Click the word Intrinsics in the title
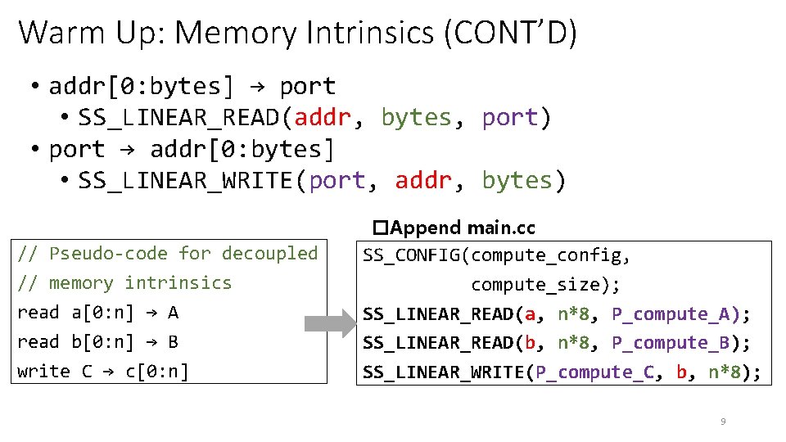(x=377, y=33)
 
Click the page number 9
(x=722, y=422)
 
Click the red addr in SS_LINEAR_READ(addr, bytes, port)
(x=323, y=118)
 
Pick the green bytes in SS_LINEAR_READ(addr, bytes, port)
(x=416, y=118)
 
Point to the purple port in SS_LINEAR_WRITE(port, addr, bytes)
(x=337, y=180)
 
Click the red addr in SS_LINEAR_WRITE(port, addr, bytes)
(x=423, y=180)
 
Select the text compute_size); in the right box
(x=545, y=285)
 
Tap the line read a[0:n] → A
(x=98, y=313)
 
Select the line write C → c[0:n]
(x=103, y=372)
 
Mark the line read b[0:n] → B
(x=98, y=342)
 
